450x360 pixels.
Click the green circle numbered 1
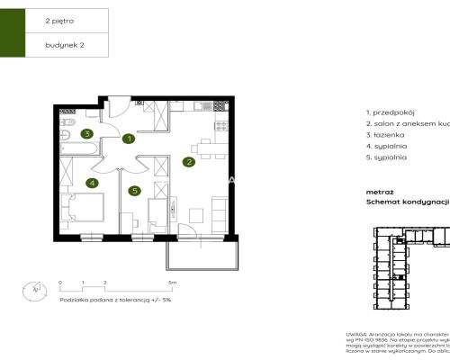130,139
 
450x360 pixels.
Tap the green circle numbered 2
189,163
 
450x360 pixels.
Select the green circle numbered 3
86,134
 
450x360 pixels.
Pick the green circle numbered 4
92,183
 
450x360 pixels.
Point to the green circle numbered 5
134,190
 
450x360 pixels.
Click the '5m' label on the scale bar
172,283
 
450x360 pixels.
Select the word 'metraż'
379,192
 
